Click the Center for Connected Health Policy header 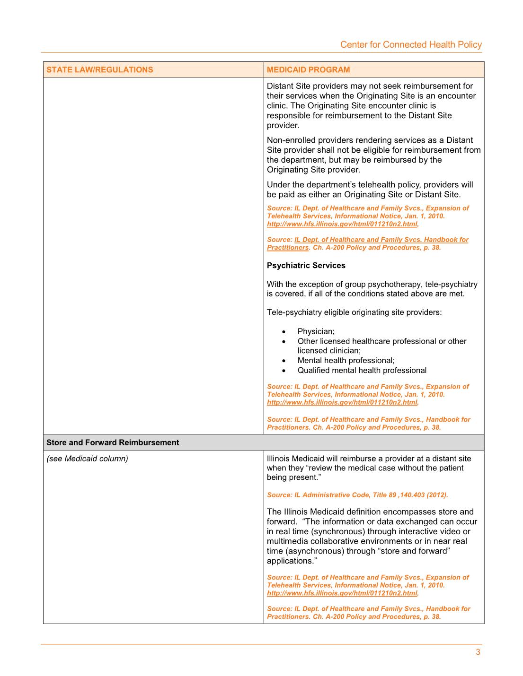pos(411,44)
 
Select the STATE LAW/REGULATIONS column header pos(100,69)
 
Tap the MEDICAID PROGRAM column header pos(308,69)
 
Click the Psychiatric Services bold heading pos(306,265)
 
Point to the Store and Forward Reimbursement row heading pos(113,442)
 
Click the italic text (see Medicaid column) pos(87,459)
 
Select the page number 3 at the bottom pos(478,652)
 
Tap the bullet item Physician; pos(316,331)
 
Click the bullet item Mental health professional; pos(346,360)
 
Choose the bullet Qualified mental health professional pos(362,370)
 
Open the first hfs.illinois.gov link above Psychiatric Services pos(342,224)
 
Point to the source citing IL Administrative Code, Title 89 pos(357,495)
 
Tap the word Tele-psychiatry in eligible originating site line pos(293,312)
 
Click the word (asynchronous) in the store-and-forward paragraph pos(314,551)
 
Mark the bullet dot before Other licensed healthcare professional pos(284,341)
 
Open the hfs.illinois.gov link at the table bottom pos(342,593)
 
